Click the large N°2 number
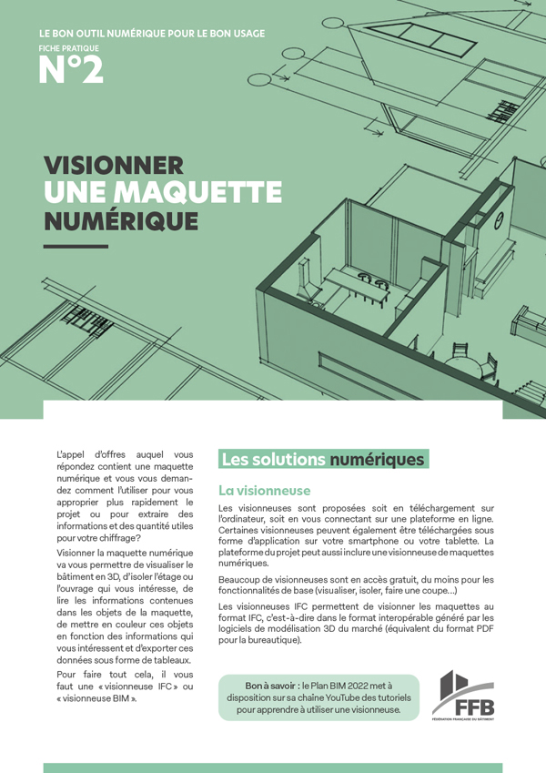coord(71,70)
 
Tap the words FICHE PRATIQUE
coord(69,47)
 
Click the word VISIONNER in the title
coord(114,166)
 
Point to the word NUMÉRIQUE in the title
coord(121,220)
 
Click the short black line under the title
coord(76,246)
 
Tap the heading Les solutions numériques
coord(322,460)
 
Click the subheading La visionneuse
coord(264,491)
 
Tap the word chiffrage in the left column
coord(108,539)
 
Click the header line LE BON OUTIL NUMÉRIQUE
coord(153,34)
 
